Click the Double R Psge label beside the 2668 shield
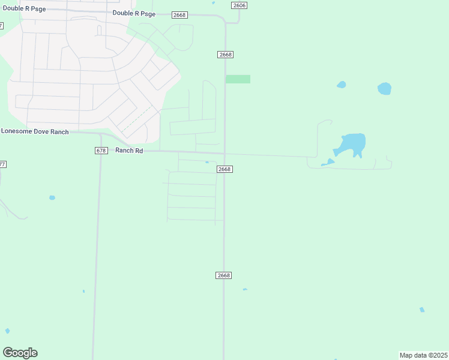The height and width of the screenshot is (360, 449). click(134, 13)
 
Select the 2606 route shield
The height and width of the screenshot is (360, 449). click(239, 5)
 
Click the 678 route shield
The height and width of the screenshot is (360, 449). click(101, 151)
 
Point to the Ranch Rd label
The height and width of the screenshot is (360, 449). click(129, 151)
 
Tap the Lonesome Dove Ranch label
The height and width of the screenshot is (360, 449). click(35, 131)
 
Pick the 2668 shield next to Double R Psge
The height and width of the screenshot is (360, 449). click(179, 14)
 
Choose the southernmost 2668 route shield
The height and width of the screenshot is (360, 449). click(223, 275)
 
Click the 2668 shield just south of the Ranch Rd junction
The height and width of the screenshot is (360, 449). click(224, 169)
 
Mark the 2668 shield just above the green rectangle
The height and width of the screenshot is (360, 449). click(225, 55)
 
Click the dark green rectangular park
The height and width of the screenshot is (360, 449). click(238, 79)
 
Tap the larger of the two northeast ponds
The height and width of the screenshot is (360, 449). click(384, 89)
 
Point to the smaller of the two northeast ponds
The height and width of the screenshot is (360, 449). click(342, 85)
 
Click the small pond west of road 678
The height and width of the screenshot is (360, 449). click(52, 197)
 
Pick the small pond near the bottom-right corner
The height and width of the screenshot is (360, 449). click(422, 310)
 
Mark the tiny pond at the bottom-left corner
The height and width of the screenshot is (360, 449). click(7, 331)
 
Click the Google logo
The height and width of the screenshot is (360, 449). click(20, 353)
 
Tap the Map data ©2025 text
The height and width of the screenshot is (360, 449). click(424, 355)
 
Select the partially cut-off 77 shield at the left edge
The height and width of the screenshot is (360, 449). click(2, 164)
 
